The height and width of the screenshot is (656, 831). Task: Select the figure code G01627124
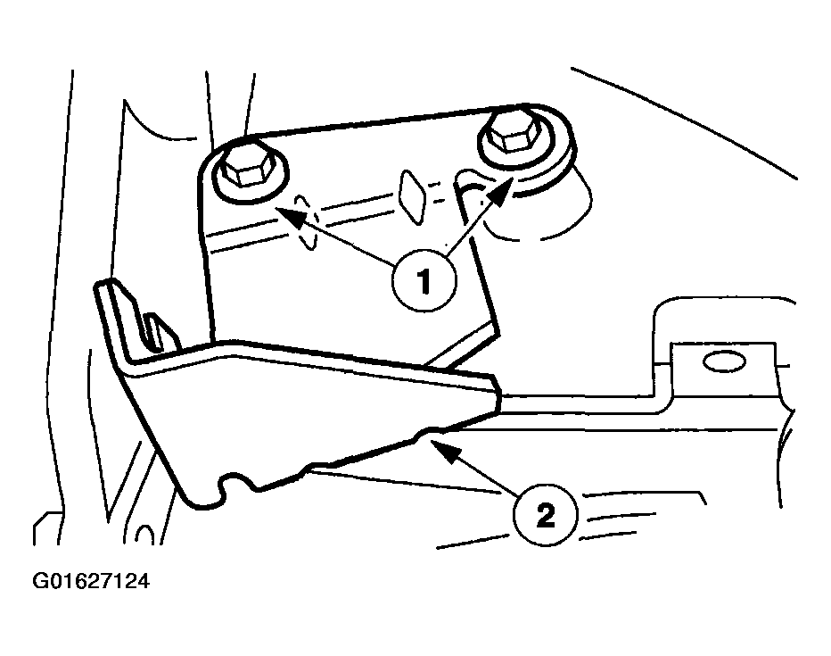click(91, 581)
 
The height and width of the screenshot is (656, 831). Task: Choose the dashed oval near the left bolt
click(307, 223)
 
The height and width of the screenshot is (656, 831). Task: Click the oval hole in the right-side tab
click(724, 362)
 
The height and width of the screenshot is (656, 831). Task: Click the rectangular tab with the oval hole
click(724, 366)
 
